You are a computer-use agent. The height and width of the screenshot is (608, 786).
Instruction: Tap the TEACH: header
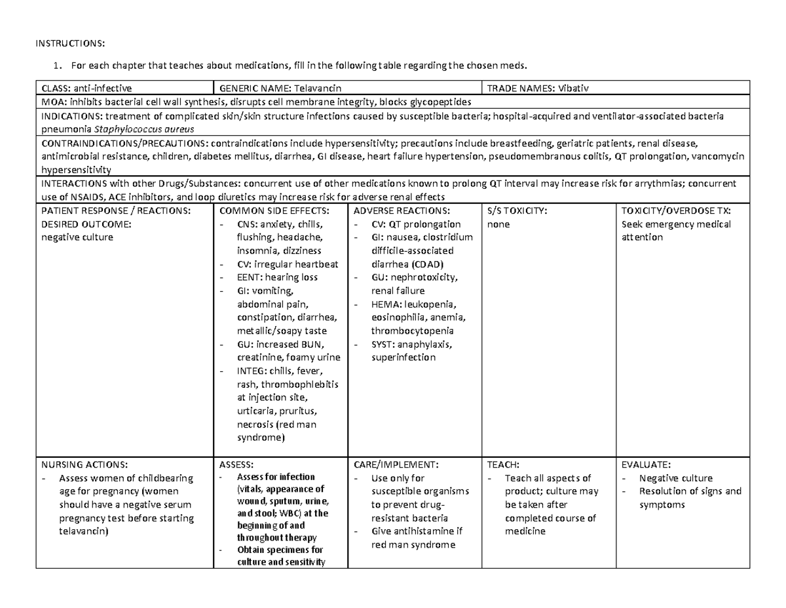pos(501,464)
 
